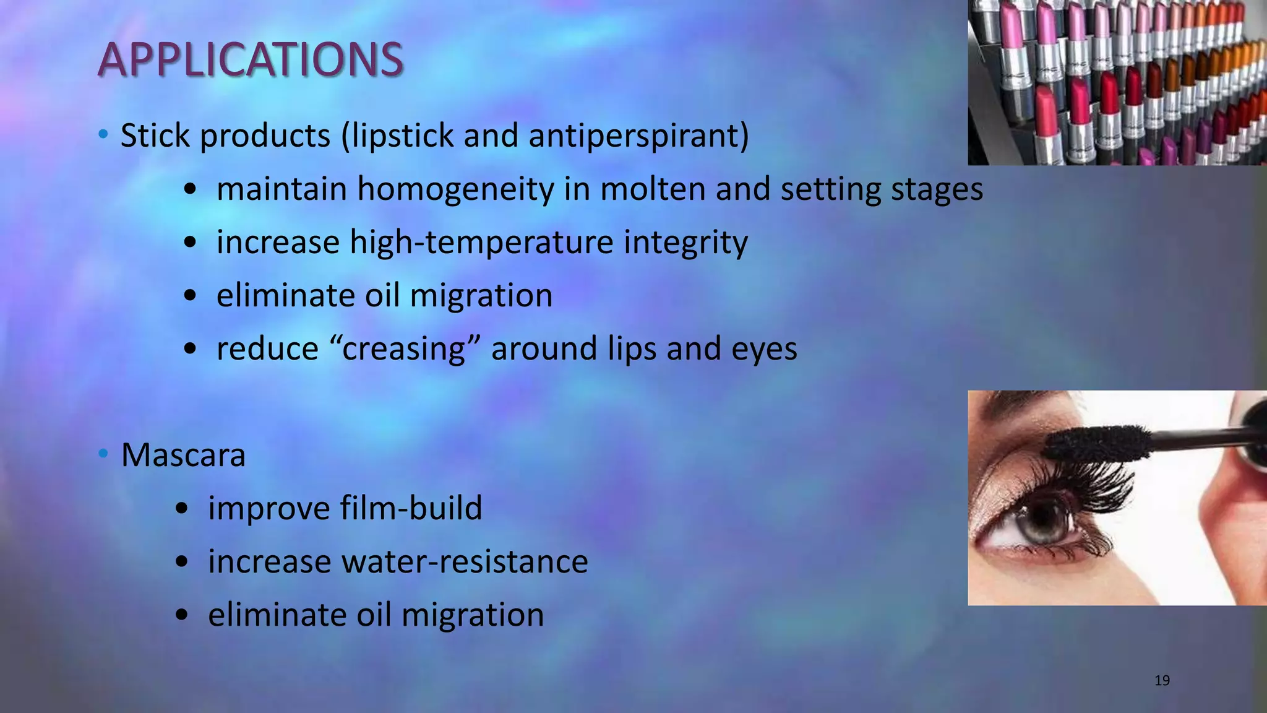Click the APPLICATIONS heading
(x=251, y=60)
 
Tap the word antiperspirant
(x=638, y=136)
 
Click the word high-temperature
(x=482, y=243)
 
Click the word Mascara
(x=183, y=456)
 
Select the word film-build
(x=411, y=509)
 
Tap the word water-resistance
(x=464, y=562)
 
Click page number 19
(x=1162, y=681)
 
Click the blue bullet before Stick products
(x=103, y=134)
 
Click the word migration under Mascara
(x=473, y=615)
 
